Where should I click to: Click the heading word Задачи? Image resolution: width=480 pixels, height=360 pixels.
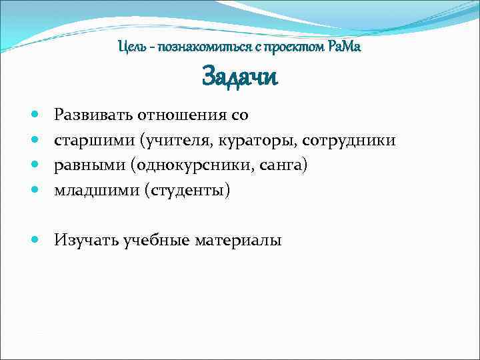[x=239, y=77]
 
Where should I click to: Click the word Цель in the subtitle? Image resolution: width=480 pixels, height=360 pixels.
[x=130, y=48]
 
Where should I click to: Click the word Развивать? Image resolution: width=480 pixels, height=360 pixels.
[x=93, y=115]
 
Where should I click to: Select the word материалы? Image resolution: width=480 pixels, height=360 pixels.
[x=238, y=240]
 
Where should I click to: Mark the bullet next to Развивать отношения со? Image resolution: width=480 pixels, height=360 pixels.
[x=34, y=115]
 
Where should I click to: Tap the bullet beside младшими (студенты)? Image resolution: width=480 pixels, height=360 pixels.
[x=34, y=191]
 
